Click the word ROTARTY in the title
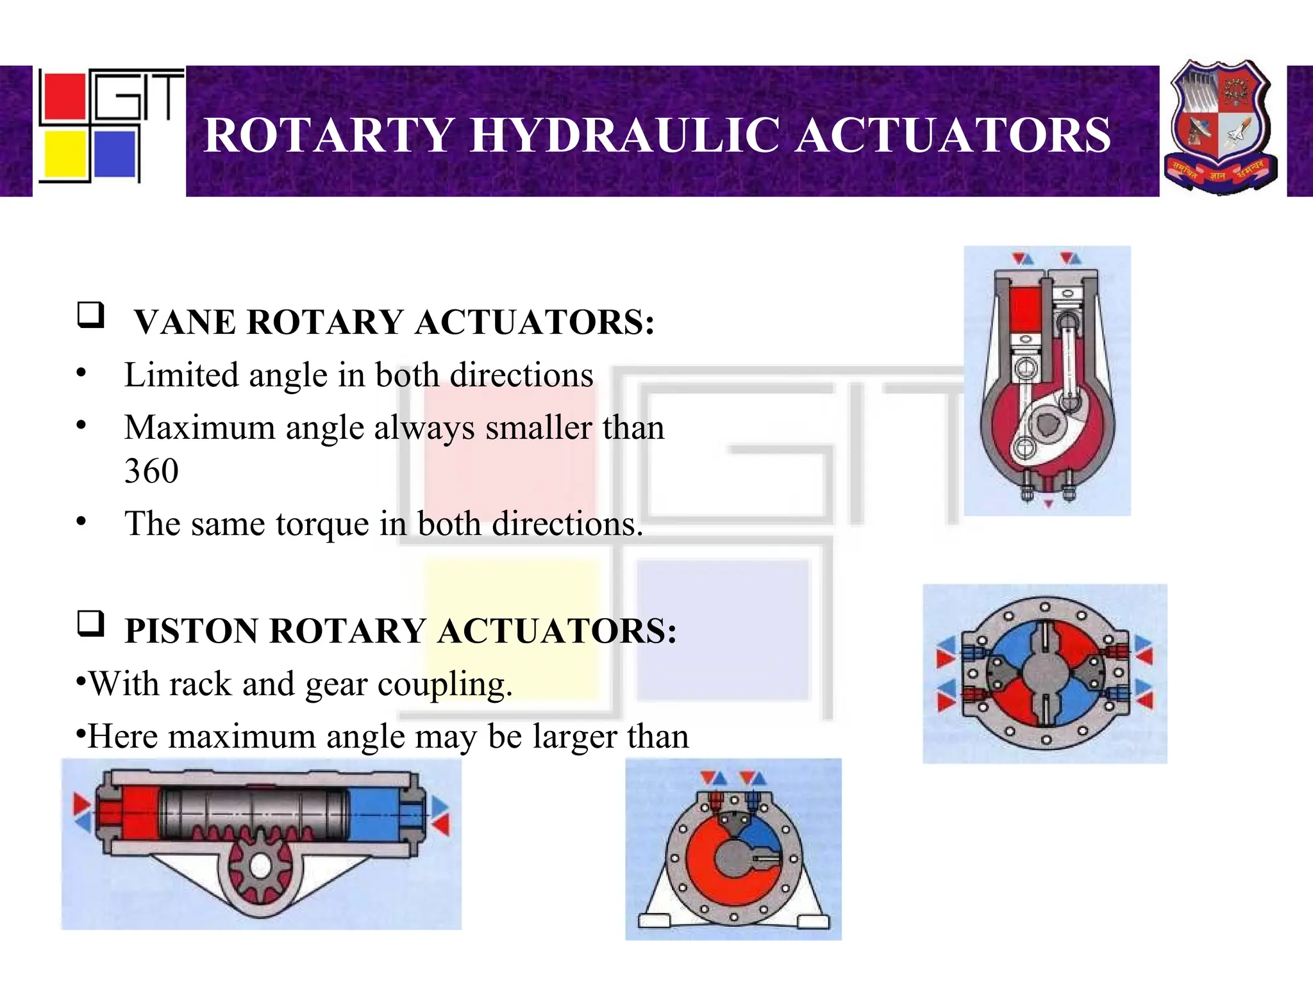329,135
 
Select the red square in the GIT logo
62,97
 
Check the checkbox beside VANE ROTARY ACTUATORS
90,315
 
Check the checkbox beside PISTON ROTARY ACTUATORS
90,623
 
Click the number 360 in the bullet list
151,471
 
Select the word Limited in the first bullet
181,375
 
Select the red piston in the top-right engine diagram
1024,309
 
